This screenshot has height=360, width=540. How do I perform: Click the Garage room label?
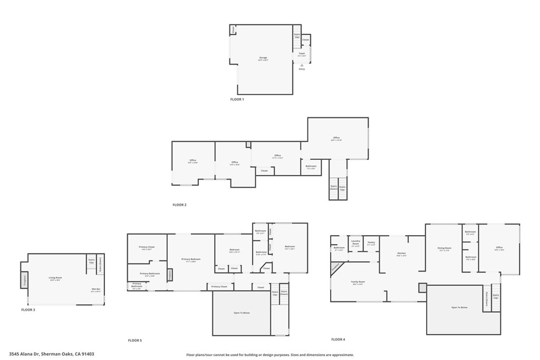[x=263, y=58]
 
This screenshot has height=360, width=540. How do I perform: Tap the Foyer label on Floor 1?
[x=302, y=53]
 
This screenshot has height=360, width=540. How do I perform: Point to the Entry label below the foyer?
[x=302, y=69]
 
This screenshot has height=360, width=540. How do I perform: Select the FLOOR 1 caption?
[x=237, y=99]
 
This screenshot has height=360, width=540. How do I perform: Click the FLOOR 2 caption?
[x=179, y=205]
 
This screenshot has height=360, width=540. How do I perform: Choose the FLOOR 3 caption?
[x=28, y=310]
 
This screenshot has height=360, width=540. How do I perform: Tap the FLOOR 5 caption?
[x=135, y=340]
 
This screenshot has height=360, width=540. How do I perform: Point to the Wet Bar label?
[x=95, y=289]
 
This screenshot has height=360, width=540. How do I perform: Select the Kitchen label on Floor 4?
[x=401, y=254]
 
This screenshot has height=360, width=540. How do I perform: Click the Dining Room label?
[x=445, y=248]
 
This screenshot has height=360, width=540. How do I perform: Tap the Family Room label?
[x=359, y=282]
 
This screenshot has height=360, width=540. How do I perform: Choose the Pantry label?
[x=371, y=242]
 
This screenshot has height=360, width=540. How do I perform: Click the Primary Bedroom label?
[x=191, y=259]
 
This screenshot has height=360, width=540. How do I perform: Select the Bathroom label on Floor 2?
[x=311, y=167]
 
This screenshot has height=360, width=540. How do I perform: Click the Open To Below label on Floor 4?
[x=459, y=307]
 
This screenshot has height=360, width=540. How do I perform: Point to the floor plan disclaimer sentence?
[x=270, y=355]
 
